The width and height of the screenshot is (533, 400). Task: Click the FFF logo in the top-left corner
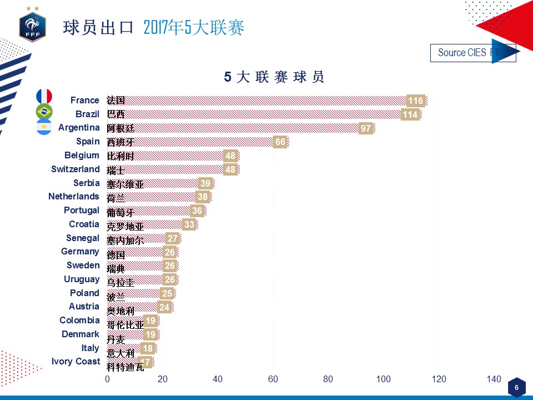(x=33, y=26)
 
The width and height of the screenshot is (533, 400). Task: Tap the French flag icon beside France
(x=44, y=96)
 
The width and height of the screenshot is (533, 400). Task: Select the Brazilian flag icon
(x=44, y=112)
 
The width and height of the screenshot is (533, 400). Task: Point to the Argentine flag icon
(x=44, y=127)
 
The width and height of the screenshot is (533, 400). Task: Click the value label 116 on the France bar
(x=415, y=101)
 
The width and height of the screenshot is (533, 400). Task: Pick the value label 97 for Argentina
(x=366, y=128)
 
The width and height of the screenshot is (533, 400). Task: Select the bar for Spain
(x=197, y=142)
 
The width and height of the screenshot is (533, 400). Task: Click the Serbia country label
(x=87, y=183)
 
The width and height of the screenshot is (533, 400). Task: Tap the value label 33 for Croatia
(x=189, y=224)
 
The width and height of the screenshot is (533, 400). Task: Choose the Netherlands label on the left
(x=74, y=197)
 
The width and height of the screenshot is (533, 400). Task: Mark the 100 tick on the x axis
(x=384, y=379)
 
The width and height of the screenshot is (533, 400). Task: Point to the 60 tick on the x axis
(x=273, y=379)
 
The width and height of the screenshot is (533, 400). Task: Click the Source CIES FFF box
(x=472, y=53)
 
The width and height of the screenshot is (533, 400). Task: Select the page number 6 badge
(x=517, y=387)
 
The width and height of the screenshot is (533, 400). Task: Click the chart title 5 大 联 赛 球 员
(x=274, y=78)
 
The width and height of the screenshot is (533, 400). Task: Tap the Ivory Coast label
(x=76, y=362)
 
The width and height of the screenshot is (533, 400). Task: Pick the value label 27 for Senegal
(x=173, y=238)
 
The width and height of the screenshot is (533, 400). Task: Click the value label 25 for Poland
(x=167, y=293)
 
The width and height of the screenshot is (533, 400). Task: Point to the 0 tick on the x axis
(x=108, y=379)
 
